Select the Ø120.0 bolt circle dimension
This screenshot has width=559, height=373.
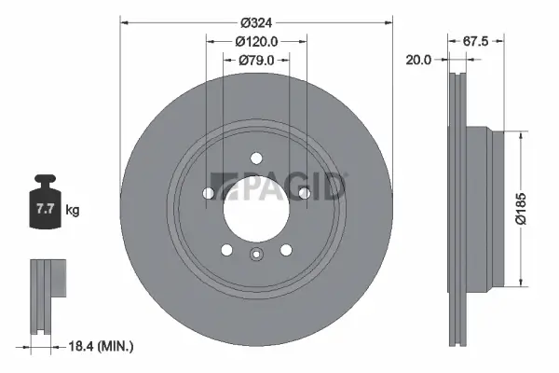256,42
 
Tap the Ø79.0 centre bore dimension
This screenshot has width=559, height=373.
256,61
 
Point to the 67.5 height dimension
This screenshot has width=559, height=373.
476,41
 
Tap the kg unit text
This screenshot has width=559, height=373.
73,211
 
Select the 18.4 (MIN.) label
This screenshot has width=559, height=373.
102,347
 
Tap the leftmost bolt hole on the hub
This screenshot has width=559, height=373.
209,193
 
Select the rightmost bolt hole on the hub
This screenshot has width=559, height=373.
304,192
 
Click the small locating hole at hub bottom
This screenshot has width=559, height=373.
256,254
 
